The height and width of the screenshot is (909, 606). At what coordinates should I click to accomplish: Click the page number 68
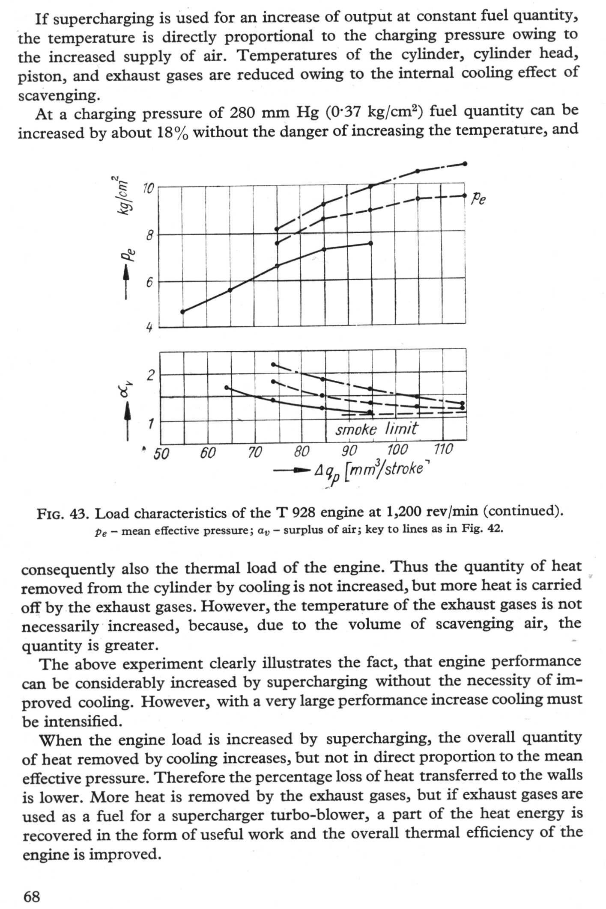click(x=32, y=896)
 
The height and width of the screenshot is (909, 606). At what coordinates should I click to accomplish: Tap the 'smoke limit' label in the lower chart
click(x=376, y=429)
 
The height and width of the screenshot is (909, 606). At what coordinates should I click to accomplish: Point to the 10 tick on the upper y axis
click(x=148, y=188)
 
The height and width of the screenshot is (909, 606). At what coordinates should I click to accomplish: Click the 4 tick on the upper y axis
click(x=149, y=328)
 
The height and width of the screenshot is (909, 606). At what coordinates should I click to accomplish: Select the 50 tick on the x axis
click(x=161, y=453)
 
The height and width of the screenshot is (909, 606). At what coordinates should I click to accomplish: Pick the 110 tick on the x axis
click(x=443, y=449)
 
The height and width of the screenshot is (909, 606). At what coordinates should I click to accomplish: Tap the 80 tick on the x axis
click(x=302, y=451)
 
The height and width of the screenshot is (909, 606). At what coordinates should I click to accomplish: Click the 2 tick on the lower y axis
click(x=150, y=376)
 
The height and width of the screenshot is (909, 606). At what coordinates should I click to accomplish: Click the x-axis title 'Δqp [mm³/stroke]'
click(x=370, y=471)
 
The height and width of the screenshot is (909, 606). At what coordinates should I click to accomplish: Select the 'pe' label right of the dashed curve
click(x=478, y=199)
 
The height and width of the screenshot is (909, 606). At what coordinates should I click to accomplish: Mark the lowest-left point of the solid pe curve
click(x=183, y=312)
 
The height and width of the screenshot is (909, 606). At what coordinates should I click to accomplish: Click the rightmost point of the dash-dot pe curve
click(x=465, y=164)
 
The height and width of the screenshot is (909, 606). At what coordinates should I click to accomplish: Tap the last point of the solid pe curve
click(x=371, y=243)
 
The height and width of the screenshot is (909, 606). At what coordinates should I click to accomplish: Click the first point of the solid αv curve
click(x=227, y=388)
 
